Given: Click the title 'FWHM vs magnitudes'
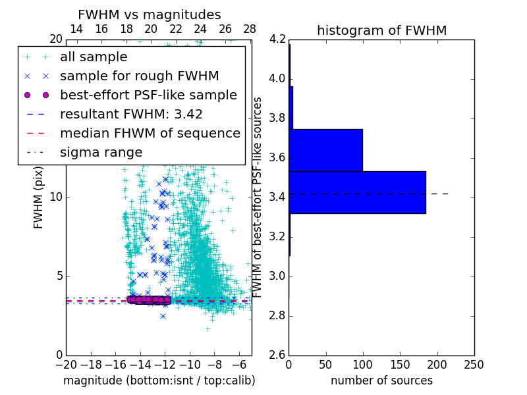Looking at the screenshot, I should click(x=150, y=14).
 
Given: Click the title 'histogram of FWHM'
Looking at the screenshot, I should click(x=381, y=30).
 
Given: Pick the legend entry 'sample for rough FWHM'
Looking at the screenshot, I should click(x=139, y=76).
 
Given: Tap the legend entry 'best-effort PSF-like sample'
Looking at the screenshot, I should click(x=148, y=95).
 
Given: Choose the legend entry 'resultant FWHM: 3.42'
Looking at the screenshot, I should click(x=131, y=114).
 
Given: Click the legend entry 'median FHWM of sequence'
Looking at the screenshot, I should click(x=150, y=133).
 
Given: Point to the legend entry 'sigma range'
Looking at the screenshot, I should click(x=101, y=152).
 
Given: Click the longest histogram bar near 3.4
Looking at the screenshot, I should click(x=357, y=192).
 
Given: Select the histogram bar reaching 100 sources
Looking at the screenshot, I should click(x=325, y=150).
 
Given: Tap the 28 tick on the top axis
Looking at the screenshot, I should click(x=250, y=29).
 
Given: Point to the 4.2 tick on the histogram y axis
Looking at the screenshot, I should click(x=277, y=39).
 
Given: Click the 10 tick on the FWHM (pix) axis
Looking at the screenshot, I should click(x=56, y=197).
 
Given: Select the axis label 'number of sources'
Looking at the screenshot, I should click(x=381, y=381).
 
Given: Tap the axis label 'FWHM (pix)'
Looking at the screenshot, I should click(x=39, y=197).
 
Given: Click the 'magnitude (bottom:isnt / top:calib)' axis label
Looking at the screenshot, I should click(x=159, y=381).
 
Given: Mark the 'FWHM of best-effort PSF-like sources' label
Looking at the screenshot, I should click(x=258, y=197).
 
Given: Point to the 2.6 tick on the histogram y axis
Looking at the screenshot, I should click(x=277, y=355).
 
